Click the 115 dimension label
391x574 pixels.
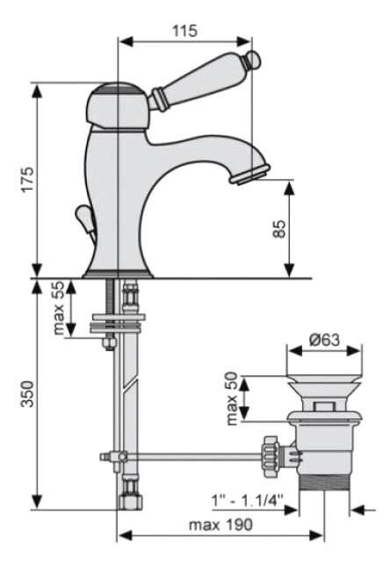click(x=185, y=31)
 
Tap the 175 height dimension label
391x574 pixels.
click(x=27, y=179)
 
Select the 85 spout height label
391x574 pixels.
click(x=279, y=229)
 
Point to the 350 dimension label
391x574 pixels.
click(x=27, y=394)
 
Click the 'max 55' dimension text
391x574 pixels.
click(x=59, y=308)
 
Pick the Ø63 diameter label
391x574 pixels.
click(x=324, y=339)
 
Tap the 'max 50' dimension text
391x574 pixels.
click(x=232, y=399)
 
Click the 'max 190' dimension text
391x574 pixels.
click(x=221, y=525)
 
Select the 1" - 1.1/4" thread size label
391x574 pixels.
click(x=248, y=500)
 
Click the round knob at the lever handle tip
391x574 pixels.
click(x=253, y=60)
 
